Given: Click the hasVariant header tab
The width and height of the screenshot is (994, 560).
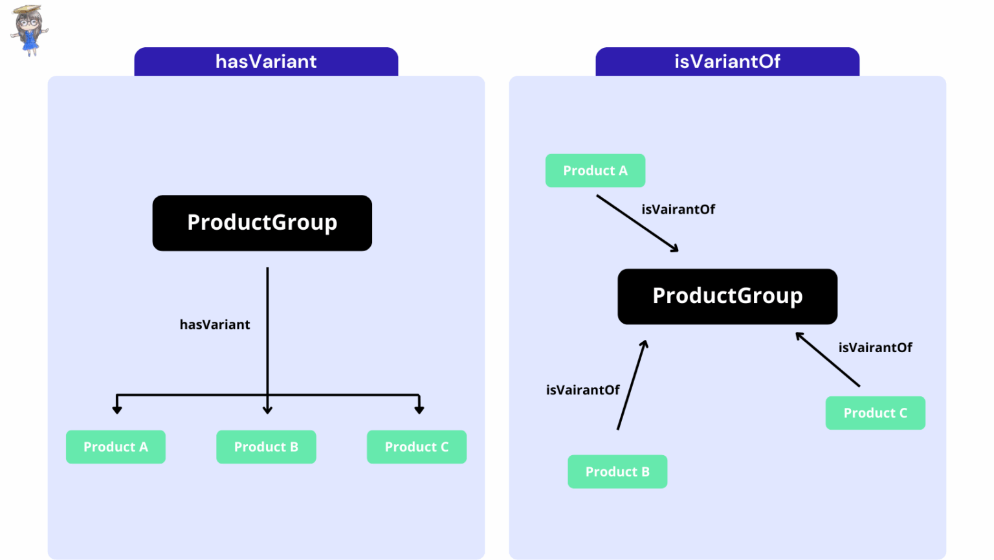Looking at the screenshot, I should tap(266, 62).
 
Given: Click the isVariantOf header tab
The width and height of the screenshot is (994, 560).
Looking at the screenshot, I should tap(727, 62).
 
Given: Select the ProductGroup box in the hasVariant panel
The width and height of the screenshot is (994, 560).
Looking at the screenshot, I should tap(262, 223).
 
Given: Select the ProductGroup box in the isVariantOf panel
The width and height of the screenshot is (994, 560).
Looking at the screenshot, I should tap(727, 296).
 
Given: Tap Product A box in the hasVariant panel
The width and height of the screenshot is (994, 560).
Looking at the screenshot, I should tap(116, 447).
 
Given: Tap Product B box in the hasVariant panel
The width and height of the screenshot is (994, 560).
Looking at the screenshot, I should tap(266, 447).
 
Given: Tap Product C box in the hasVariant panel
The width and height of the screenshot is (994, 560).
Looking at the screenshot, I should tap(417, 447).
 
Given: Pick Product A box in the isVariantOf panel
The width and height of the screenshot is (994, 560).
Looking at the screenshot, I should tap(595, 170).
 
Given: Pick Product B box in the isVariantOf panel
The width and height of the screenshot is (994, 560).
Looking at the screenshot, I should tap(617, 471).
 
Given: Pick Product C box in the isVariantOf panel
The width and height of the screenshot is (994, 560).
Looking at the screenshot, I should tap(875, 412).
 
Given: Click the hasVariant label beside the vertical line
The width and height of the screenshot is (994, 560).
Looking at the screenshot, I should tap(215, 324).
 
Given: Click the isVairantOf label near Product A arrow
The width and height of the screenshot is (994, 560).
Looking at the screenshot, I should tap(678, 209).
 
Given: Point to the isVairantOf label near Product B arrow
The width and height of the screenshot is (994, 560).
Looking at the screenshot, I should tap(582, 390).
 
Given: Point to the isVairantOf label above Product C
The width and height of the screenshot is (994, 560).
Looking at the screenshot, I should tap(875, 348).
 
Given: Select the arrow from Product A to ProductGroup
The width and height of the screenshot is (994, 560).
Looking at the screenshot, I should tap(637, 223).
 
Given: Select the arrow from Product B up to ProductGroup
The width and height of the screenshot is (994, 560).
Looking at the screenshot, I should tap(632, 385).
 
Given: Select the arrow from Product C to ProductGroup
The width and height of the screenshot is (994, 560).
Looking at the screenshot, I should tap(828, 360).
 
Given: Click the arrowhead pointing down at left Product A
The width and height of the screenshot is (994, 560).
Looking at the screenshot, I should tap(117, 409).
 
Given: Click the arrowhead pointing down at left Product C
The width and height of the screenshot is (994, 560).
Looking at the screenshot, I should tap(419, 409).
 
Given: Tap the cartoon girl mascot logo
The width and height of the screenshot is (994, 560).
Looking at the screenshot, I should tap(28, 30).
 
